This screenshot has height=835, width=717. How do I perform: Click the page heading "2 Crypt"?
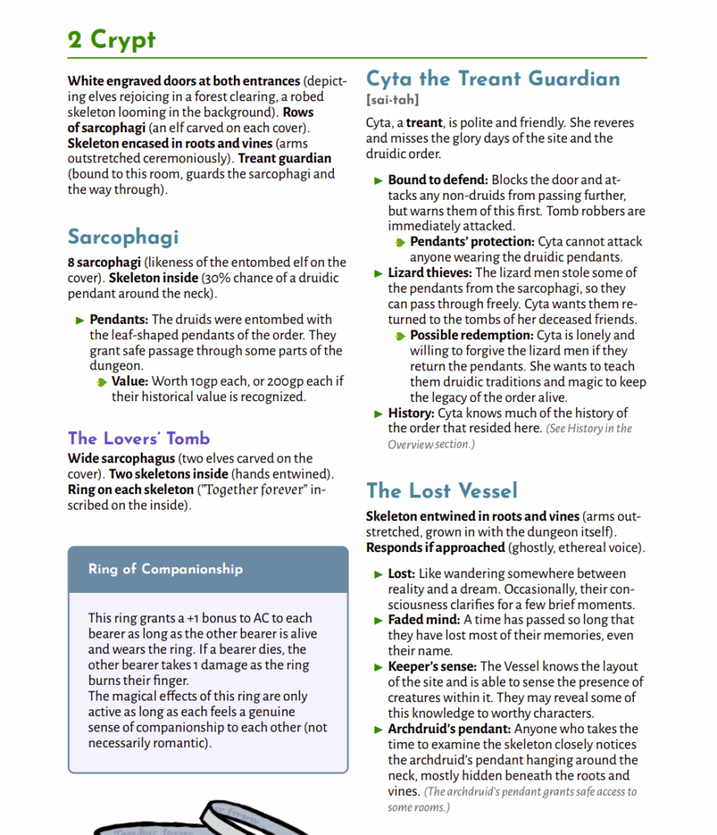[x=112, y=39]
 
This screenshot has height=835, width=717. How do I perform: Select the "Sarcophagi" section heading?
[x=123, y=237]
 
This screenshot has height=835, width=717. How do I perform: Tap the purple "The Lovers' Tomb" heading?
[x=139, y=438]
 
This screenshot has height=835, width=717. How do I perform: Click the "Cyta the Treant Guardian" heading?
[x=493, y=79]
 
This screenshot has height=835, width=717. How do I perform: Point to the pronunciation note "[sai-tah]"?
[x=393, y=99]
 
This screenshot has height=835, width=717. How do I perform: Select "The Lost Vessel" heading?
[x=442, y=490]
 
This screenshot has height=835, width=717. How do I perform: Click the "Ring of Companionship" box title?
[x=165, y=569]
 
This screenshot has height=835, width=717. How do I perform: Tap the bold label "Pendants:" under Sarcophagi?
[x=119, y=320]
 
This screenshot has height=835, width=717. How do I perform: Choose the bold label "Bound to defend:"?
[x=438, y=179]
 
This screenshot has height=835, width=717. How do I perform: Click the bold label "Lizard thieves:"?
[x=429, y=272]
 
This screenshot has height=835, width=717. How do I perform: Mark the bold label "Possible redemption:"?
[x=472, y=335]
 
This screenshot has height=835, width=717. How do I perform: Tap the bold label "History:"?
[x=411, y=413]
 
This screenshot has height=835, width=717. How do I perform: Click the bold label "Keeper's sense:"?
[x=432, y=666]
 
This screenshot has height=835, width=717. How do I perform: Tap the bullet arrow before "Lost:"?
[x=378, y=574]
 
